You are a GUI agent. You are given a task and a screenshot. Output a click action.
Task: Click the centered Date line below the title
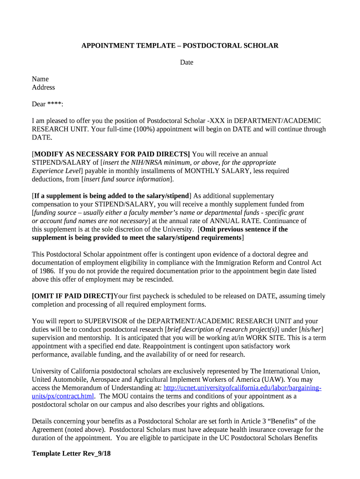[x=187, y=62]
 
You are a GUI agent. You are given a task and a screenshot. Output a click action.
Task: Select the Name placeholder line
[x=40, y=79]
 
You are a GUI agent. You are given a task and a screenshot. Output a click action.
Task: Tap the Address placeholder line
[x=43, y=87]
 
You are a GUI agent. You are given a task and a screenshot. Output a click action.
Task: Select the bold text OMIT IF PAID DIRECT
[x=72, y=296]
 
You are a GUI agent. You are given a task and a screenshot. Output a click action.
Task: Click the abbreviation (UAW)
[x=261, y=380]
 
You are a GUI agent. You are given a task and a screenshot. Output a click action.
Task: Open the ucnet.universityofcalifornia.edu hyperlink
[x=242, y=388]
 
